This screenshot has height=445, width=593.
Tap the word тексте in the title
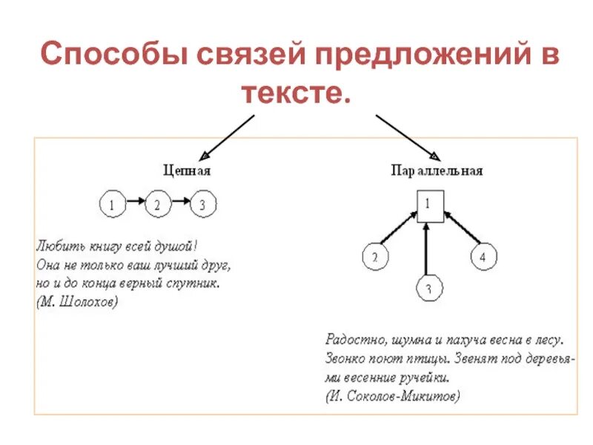294,94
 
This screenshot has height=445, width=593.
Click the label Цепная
187,171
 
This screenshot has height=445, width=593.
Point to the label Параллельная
437,171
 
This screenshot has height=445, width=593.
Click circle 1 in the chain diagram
113,204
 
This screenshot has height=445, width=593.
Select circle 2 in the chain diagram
158,204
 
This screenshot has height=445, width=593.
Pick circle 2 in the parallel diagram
375,257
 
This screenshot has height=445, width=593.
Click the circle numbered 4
483,257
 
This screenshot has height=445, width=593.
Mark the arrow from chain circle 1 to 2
135,202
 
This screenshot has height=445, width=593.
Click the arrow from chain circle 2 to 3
181,202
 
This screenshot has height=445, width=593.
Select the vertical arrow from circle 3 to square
426,248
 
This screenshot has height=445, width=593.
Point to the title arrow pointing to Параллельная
408,137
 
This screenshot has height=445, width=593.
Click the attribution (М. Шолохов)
76,303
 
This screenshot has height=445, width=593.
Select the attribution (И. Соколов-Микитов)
392,396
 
